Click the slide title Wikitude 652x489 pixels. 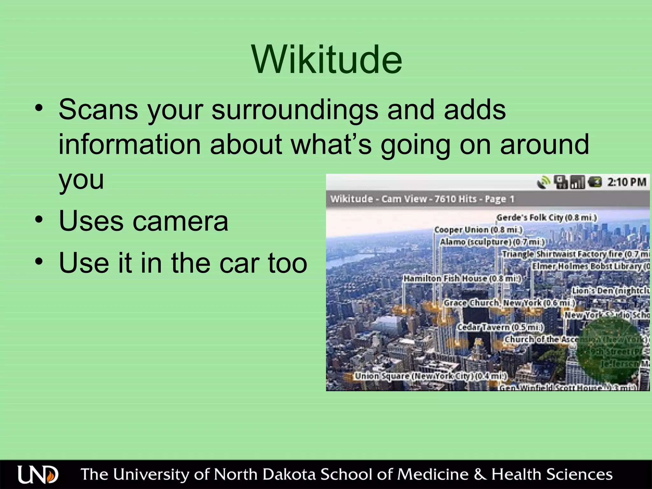(x=327, y=60)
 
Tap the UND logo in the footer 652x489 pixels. (x=38, y=475)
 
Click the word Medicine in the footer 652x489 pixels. (x=433, y=474)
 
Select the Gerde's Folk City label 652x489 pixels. (x=546, y=218)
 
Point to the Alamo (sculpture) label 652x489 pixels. (x=492, y=242)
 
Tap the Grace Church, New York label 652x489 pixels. (x=509, y=303)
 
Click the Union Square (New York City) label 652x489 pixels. (x=430, y=376)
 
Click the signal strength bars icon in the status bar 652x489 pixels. (x=578, y=182)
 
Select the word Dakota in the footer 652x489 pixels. (x=290, y=474)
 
